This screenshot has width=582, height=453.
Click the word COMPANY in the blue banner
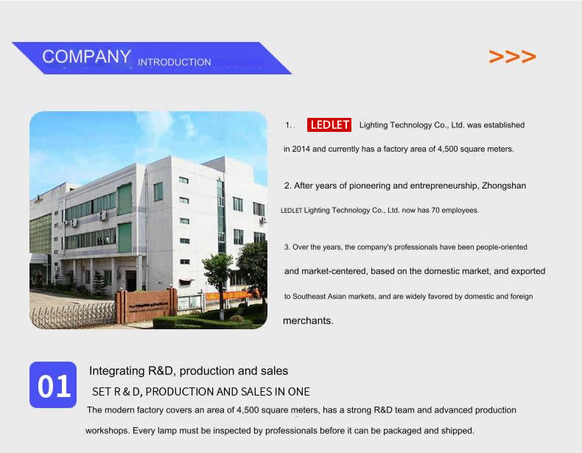tap(86, 57)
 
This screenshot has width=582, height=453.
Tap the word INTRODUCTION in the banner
tap(175, 63)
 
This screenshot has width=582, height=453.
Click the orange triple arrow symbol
tap(513, 57)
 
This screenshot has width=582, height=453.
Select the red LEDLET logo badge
tap(329, 125)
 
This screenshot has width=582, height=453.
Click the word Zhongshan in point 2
tap(504, 186)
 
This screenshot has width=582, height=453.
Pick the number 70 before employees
tap(435, 211)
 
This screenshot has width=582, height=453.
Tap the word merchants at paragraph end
tap(307, 320)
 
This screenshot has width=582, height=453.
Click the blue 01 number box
tap(53, 384)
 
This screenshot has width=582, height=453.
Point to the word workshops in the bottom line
tap(107, 431)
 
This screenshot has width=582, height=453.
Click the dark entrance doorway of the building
tap(130, 281)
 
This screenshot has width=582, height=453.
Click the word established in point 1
tap(504, 125)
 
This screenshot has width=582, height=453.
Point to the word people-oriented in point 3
tap(502, 247)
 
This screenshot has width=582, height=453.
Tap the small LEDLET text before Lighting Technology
tap(292, 211)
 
